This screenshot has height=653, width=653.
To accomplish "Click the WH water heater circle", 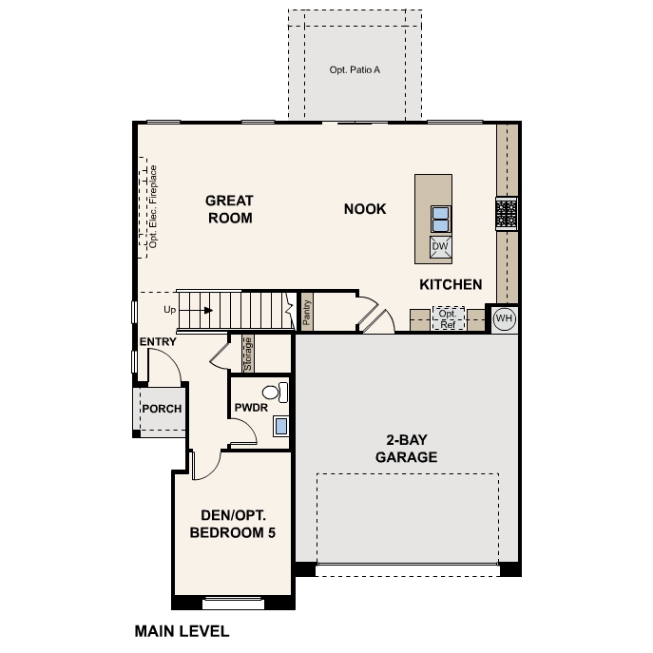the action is click(505, 318).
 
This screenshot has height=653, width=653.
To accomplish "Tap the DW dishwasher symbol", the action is click(440, 246).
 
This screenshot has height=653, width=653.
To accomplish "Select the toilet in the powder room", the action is click(276, 393).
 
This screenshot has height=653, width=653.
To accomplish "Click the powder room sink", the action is click(281, 426).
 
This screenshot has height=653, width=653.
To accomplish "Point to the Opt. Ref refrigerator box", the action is click(448, 318).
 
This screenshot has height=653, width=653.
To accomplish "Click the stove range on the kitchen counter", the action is click(507, 214).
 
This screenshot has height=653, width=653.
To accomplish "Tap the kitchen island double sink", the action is click(441, 219).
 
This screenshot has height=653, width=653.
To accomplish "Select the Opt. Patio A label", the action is click(355, 70).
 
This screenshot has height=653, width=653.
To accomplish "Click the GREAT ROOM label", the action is click(229, 209).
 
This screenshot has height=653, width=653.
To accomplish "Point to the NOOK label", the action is click(365, 209).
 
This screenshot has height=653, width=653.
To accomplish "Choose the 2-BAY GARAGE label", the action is click(407, 449).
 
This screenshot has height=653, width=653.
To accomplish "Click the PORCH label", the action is click(162, 409).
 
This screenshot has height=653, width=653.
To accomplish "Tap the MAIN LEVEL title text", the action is click(182, 631).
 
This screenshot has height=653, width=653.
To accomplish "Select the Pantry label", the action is click(307, 313).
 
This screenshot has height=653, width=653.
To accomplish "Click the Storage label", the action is click(248, 354).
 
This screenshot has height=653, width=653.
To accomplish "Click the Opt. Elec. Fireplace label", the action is click(153, 207).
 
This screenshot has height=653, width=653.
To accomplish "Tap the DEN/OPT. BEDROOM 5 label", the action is click(233, 524).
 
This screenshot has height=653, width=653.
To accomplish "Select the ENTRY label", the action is click(158, 342).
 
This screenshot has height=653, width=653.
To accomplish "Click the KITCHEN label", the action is click(451, 284).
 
